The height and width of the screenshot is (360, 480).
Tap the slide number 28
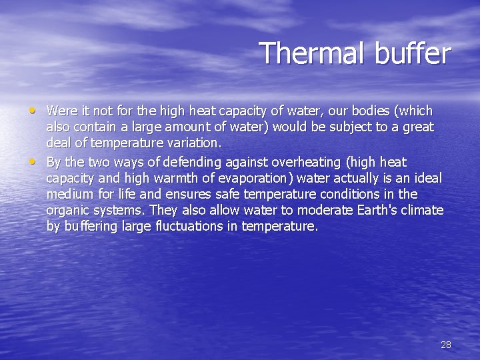446,345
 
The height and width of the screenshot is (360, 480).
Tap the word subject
347,127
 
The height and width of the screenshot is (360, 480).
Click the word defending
193,162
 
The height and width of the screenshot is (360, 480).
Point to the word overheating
295,162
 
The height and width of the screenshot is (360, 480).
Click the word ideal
425,178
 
